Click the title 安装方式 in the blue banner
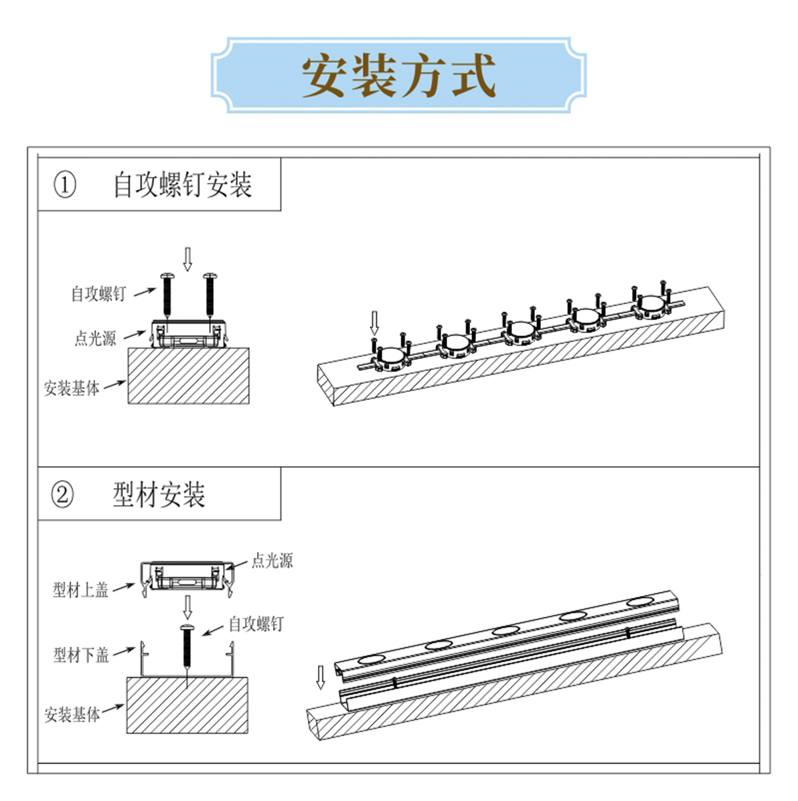(399, 76)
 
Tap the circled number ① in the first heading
(65, 185)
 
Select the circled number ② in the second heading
(62, 494)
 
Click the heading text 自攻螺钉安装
(182, 185)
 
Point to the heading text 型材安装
(159, 494)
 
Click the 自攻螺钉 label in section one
(98, 294)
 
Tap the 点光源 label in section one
(96, 338)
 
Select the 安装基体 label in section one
(72, 388)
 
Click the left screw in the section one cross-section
(167, 296)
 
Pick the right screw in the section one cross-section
(210, 296)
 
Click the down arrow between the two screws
(188, 259)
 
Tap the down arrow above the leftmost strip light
(374, 323)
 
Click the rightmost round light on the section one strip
(651, 304)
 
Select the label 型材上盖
(80, 590)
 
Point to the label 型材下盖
(81, 655)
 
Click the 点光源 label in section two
(272, 561)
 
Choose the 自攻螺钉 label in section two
(256, 624)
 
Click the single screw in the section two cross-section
(187, 647)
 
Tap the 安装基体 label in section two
(72, 715)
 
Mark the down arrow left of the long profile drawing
(320, 677)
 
